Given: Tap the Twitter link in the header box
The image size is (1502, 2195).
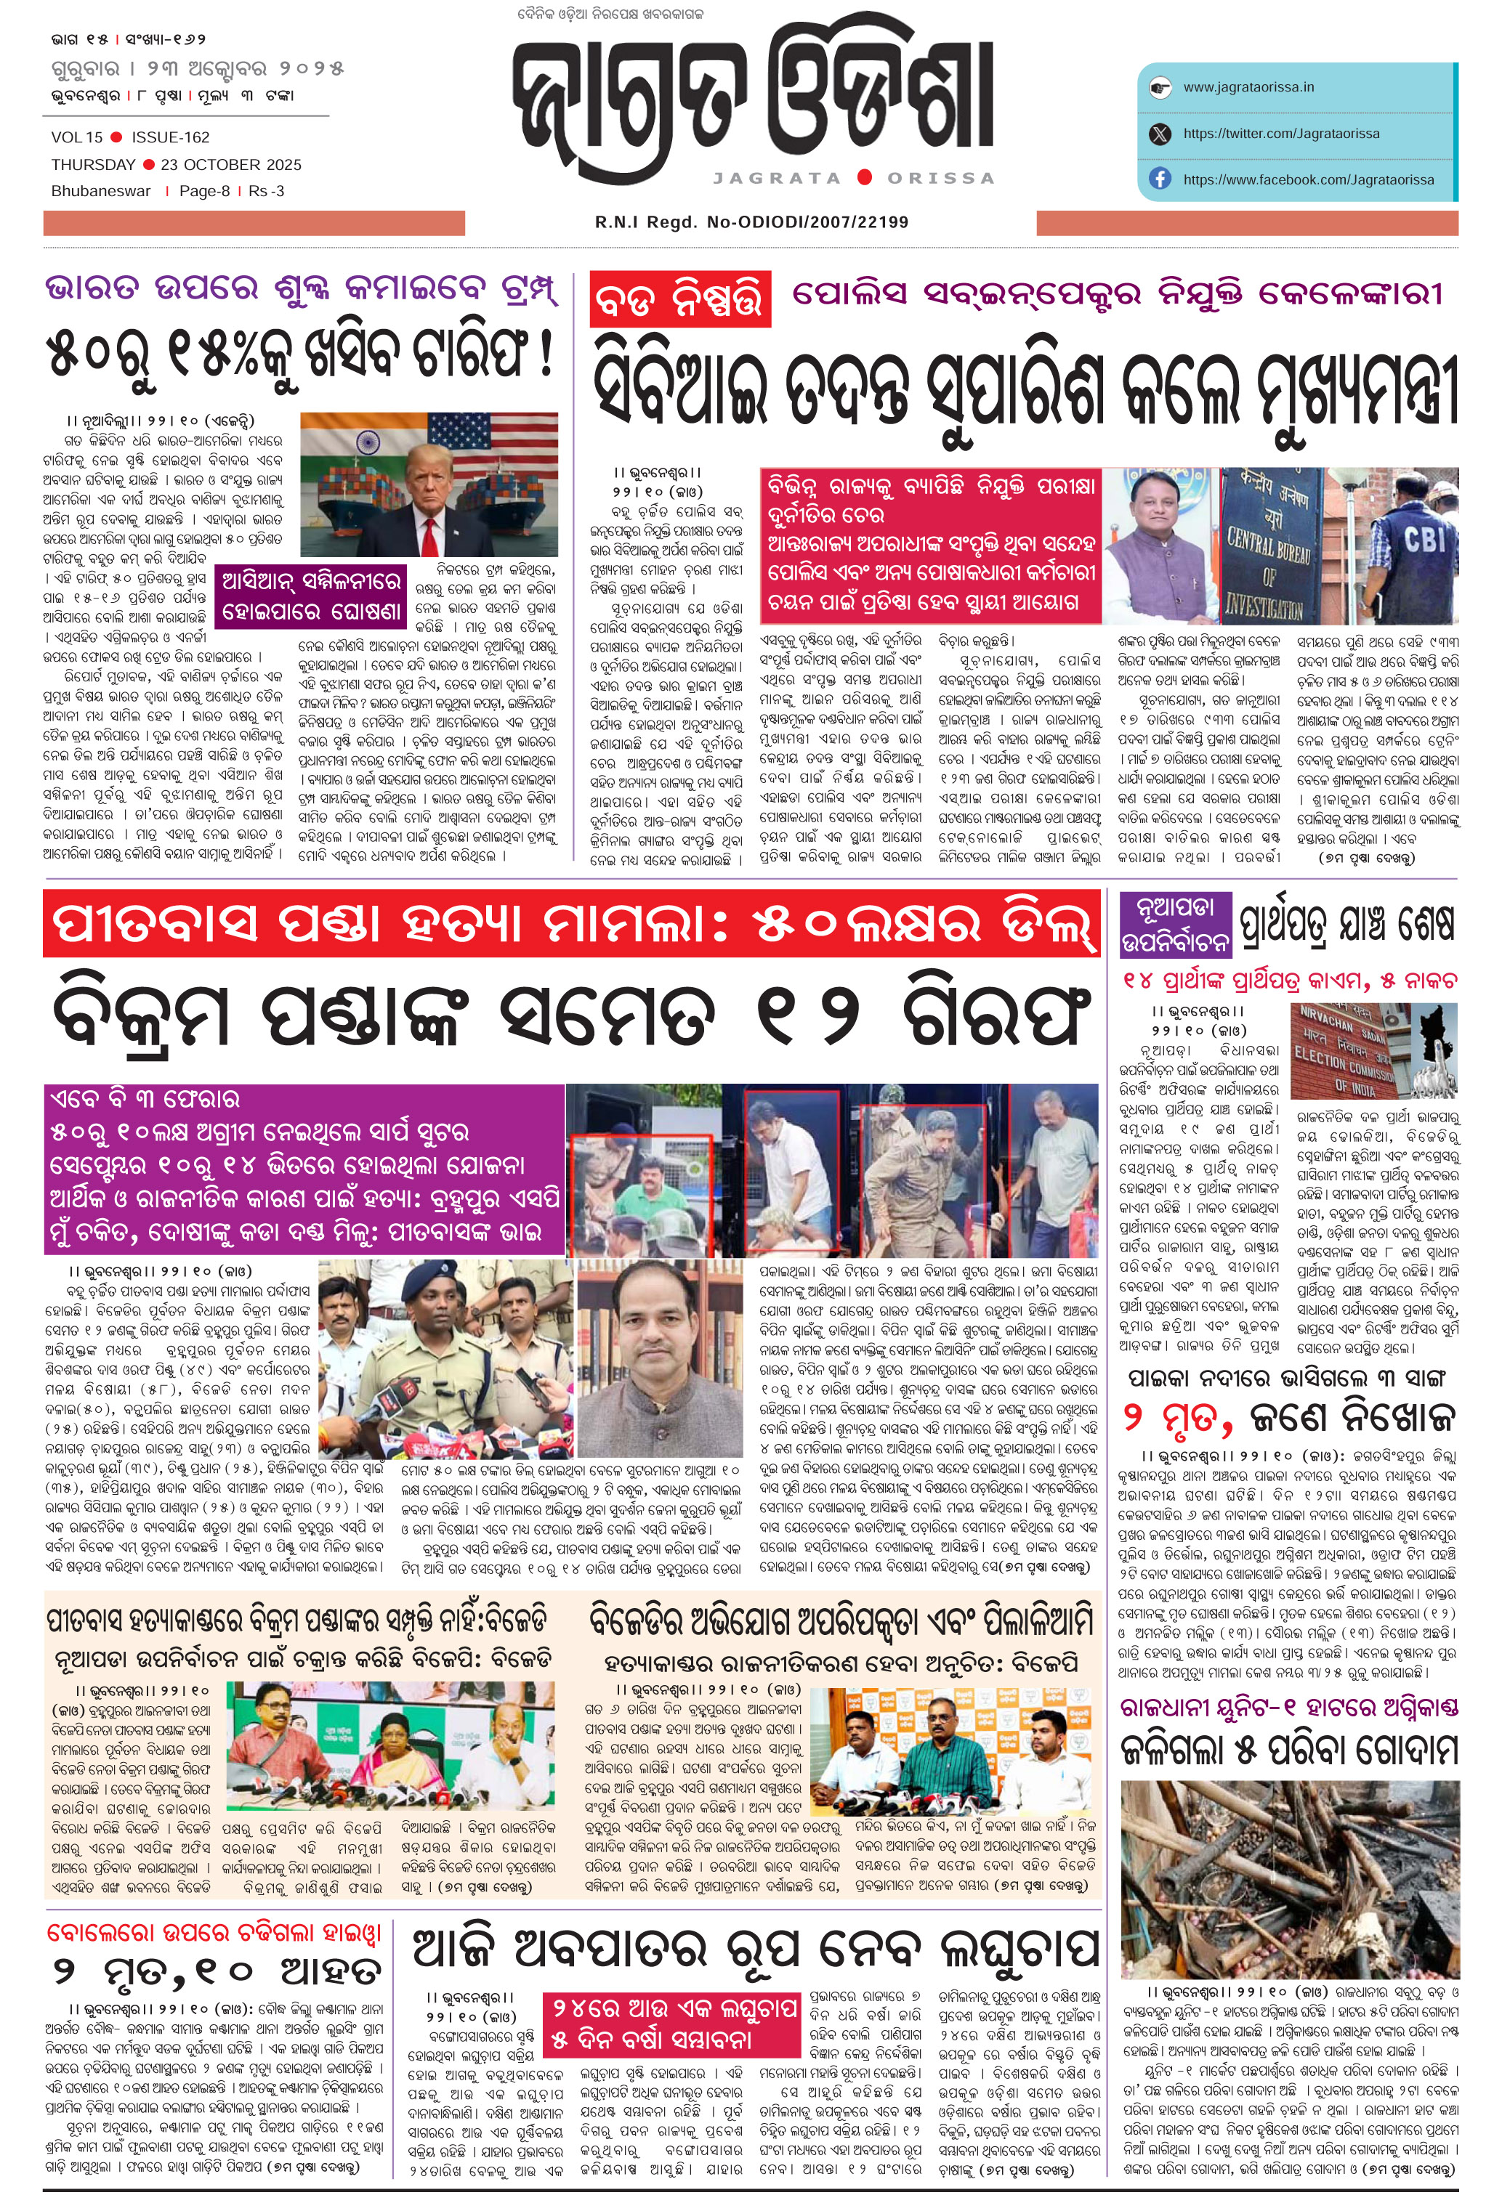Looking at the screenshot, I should click(x=1280, y=133).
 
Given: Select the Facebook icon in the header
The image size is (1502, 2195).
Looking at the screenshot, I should click(x=1160, y=179).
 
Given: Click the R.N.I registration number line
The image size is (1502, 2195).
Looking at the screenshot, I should click(x=751, y=222).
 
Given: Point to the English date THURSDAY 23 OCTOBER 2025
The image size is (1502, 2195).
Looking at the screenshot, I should click(x=177, y=164).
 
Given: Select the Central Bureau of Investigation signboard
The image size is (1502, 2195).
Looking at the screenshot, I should click(x=1272, y=548).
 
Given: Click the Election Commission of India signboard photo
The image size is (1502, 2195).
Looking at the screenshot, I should click(x=1345, y=1050).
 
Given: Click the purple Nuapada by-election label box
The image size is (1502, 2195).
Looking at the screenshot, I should click(x=1175, y=925).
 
